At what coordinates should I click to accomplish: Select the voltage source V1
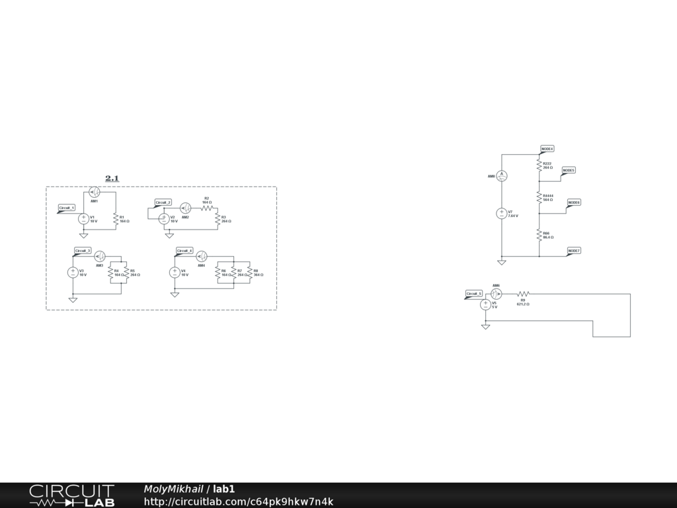click(x=84, y=218)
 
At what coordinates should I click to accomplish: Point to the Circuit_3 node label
click(x=82, y=251)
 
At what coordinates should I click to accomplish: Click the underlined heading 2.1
click(x=112, y=178)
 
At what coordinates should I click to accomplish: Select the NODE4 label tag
click(x=547, y=149)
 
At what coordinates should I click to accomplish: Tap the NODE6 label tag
click(x=574, y=202)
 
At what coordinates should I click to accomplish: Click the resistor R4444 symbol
click(x=539, y=197)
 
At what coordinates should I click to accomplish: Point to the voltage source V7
click(x=502, y=214)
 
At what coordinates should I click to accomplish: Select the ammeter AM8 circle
click(x=502, y=175)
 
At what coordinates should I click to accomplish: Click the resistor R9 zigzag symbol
click(x=523, y=294)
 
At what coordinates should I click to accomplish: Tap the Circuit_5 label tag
click(x=474, y=294)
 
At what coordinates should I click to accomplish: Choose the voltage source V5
click(x=485, y=305)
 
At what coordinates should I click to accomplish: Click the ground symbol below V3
click(x=73, y=299)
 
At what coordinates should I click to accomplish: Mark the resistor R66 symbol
click(x=539, y=235)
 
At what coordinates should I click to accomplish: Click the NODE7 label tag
click(x=574, y=251)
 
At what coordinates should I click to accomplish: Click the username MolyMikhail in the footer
click(x=173, y=489)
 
